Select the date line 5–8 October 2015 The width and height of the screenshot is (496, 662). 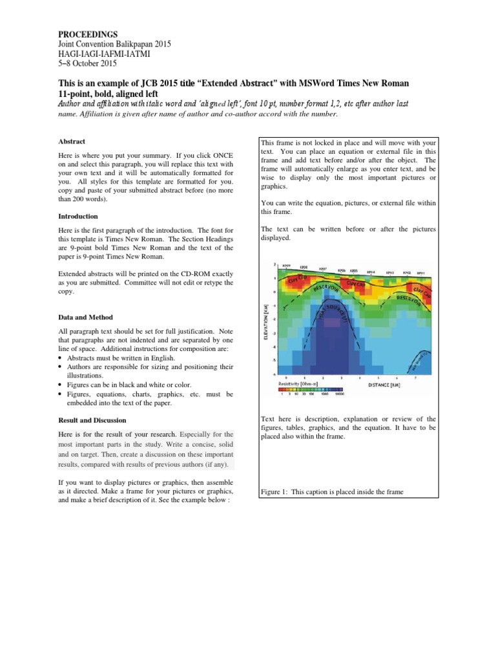[87, 63]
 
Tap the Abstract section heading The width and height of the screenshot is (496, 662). [72, 141]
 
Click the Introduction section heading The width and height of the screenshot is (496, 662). [78, 216]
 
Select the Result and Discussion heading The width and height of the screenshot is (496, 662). [92, 420]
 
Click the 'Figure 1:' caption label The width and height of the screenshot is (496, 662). [273, 492]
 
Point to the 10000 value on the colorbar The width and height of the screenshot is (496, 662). [340, 394]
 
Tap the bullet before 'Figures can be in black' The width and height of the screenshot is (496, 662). [60, 385]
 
